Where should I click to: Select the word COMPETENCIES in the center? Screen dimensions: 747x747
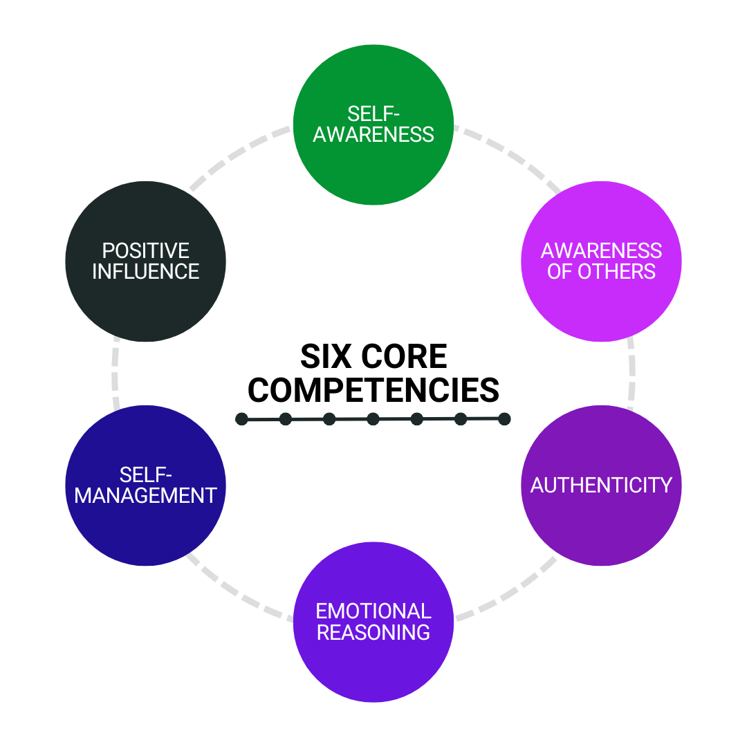(373, 390)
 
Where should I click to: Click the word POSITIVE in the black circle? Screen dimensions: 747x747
(146, 250)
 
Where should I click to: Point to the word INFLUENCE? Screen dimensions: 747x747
(146, 272)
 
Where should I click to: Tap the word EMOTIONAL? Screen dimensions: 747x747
(373, 611)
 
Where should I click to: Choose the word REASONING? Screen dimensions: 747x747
(373, 632)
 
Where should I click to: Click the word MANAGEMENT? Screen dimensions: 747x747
(146, 495)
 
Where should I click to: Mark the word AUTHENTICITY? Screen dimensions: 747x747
(601, 485)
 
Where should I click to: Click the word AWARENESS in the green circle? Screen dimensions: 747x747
(373, 133)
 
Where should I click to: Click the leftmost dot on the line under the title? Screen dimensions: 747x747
(241, 419)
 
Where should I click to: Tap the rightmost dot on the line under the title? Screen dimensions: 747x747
(504, 418)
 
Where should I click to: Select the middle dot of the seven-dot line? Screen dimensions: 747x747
(373, 418)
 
